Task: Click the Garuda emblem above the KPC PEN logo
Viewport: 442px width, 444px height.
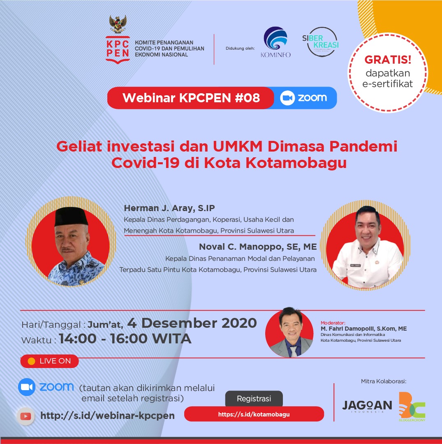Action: coord(118,24)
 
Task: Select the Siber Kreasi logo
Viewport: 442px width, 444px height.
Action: coord(321,41)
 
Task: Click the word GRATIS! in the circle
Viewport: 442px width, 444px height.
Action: coord(388,60)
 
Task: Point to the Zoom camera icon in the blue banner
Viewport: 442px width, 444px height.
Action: coord(287,98)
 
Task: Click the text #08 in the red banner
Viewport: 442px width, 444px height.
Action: coord(247,98)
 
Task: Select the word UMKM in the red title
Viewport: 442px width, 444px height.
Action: coord(237,146)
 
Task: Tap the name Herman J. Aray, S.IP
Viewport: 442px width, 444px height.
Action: coord(169,208)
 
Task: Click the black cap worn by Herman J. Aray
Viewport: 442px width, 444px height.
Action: coord(71,216)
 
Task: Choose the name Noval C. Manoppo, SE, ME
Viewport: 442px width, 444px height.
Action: coord(258,246)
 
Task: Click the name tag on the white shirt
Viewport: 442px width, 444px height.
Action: coord(355,265)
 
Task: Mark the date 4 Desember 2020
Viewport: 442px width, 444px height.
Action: coord(192,323)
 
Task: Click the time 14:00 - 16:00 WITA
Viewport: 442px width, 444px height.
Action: coord(125,339)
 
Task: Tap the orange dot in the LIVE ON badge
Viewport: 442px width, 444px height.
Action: coord(32,361)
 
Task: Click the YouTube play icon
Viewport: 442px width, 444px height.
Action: coord(25,416)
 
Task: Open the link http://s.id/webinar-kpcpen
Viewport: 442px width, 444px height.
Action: coord(107,416)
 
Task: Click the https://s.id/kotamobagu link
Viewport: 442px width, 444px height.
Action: coord(254,414)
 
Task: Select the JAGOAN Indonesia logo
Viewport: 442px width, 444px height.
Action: coord(367,406)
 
